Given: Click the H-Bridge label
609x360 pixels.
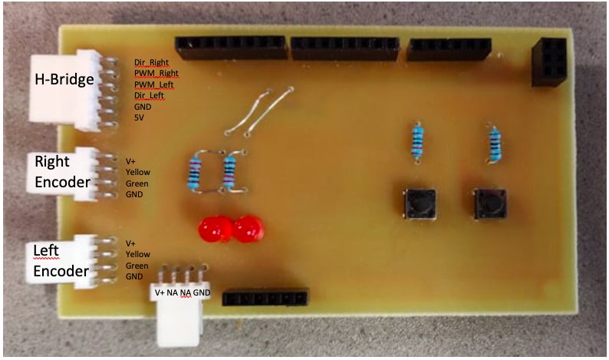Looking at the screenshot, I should point(64,79).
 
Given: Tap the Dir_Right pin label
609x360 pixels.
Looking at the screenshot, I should point(151,62).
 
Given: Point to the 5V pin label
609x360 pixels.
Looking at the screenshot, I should point(140,118).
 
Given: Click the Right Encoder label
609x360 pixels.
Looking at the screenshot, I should point(62,172).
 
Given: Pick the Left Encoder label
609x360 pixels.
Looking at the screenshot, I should point(61,261).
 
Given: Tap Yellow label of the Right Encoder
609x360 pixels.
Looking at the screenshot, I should point(137,173).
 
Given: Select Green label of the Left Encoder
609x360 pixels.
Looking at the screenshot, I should point(137,265).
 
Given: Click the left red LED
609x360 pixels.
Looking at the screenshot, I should point(215,229).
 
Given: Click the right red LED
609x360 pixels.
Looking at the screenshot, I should point(247,229).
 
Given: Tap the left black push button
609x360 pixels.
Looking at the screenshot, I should point(420,203).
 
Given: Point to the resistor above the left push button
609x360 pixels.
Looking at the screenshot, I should point(417,142).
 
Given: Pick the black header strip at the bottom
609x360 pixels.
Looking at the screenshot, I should point(265,298).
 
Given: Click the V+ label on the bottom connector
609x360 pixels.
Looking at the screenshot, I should point(160,292).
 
